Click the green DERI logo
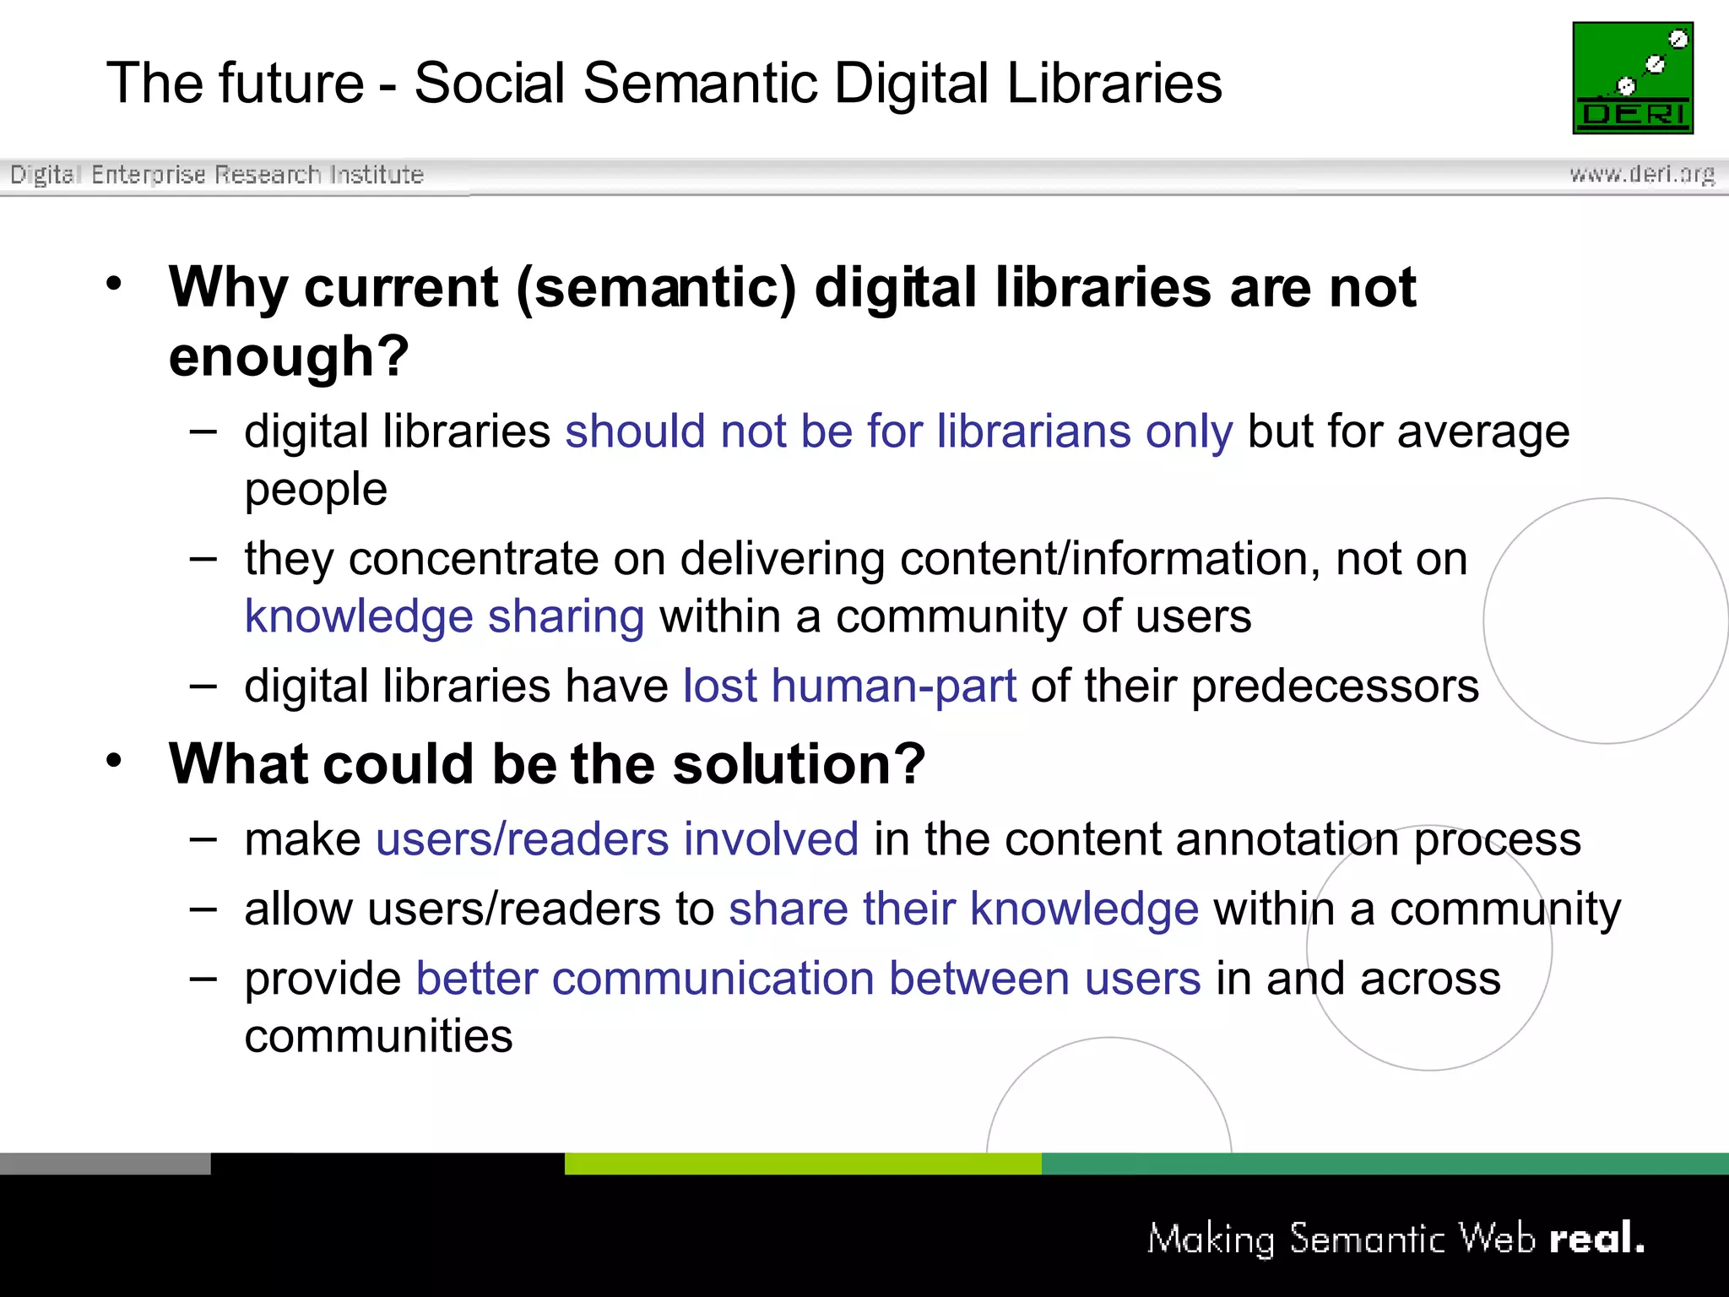tap(1632, 78)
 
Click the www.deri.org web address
tap(1641, 174)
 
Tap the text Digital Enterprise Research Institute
tap(216, 175)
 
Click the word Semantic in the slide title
tap(700, 84)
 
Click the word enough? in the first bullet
tap(289, 356)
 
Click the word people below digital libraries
tap(316, 490)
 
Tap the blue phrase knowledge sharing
tap(444, 616)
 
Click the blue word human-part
tap(893, 686)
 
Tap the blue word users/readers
tap(522, 839)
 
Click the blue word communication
tap(713, 979)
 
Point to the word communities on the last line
tap(378, 1036)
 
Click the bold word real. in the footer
tap(1596, 1239)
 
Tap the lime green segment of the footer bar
tap(802, 1164)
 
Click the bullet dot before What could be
tap(114, 761)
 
